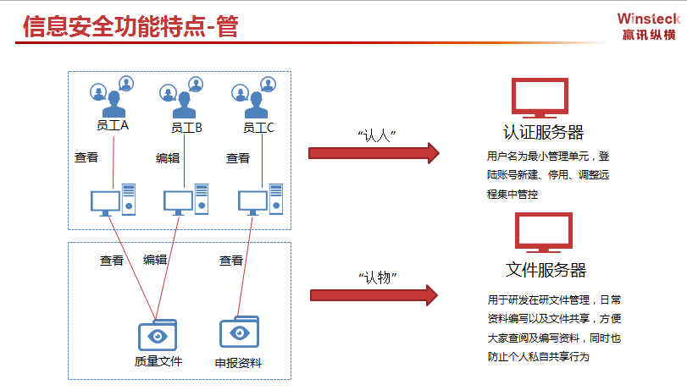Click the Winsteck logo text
coord(648,19)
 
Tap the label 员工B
coord(186,128)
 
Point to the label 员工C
coord(258,128)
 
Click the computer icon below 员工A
coord(113,200)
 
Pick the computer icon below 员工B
coord(186,200)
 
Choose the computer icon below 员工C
coord(260,200)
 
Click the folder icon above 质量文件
coord(158,335)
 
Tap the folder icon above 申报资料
coord(239,332)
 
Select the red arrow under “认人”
coord(374,153)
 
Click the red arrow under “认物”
coord(374,295)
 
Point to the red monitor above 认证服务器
coord(540,98)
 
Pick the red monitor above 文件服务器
coord(544,233)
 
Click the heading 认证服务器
coord(543,132)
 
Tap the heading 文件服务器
coord(546,270)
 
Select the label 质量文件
coord(158,361)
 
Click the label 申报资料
coord(238,363)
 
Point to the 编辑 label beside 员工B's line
coord(168,158)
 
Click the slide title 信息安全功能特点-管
coord(130,26)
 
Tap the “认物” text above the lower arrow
coord(377,277)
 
